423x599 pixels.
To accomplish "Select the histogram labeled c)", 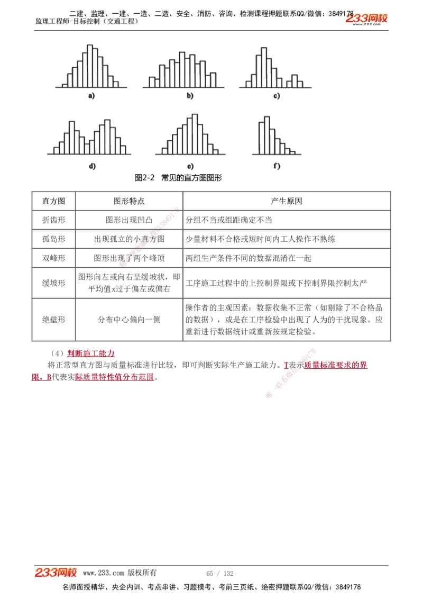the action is [x=275, y=69].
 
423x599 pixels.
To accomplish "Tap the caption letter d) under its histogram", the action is [x=92, y=166].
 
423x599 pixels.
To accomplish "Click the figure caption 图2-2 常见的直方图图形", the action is [x=178, y=178].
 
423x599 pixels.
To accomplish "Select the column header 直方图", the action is [x=53, y=201].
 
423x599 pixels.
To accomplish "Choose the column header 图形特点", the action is [x=129, y=201].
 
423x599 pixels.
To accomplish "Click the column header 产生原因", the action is [x=286, y=201].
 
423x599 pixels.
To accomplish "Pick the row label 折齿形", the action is [x=53, y=220].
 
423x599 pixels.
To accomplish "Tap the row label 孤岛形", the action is [x=53, y=239].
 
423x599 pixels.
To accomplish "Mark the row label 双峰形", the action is [x=53, y=258].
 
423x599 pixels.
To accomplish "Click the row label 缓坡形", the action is [x=53, y=283].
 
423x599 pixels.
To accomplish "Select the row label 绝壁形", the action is [x=53, y=320].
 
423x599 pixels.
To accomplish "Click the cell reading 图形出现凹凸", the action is [x=129, y=220].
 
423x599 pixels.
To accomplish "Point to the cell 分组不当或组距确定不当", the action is [x=229, y=220].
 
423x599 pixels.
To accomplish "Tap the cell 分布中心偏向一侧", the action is [x=129, y=320].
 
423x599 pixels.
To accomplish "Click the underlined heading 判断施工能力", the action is [x=91, y=353].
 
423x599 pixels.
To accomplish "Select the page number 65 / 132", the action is [x=220, y=574].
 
